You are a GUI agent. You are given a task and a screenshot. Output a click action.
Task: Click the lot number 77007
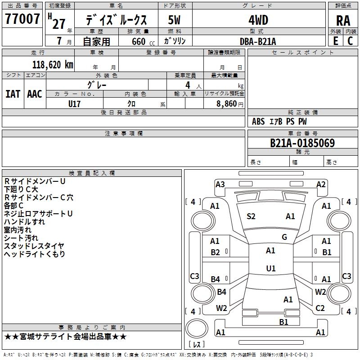22,18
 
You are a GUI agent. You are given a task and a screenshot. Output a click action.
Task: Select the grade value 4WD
258,20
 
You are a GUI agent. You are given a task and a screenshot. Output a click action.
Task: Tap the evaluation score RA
343,21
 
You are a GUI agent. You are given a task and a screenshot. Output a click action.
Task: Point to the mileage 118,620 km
53,65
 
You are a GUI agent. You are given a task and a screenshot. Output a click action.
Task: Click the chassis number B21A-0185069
302,143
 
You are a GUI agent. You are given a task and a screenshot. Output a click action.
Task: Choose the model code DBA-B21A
258,41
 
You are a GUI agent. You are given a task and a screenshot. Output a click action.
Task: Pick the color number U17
74,104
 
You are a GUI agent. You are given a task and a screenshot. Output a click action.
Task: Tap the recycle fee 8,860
227,103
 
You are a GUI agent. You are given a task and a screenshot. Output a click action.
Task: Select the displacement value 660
139,41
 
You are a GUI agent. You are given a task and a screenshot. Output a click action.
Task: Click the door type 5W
174,20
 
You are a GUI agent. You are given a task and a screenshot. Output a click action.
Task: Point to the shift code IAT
13,94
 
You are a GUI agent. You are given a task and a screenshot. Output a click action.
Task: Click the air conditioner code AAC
35,94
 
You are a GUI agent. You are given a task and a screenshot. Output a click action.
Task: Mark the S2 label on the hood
251,216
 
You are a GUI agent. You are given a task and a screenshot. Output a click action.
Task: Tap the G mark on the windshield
284,237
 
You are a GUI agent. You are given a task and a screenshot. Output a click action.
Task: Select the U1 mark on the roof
271,268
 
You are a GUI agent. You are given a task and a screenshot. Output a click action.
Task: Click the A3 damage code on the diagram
220,184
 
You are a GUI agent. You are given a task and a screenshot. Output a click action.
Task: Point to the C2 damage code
320,308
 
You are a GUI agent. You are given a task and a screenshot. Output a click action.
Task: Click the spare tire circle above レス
197,328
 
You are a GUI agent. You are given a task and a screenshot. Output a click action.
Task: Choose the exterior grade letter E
336,41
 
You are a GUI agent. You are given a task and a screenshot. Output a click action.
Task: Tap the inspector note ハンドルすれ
24,222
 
